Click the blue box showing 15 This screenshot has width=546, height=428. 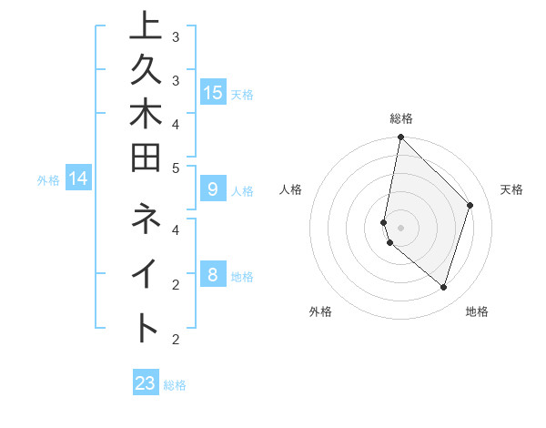213,93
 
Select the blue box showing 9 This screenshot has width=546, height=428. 213,190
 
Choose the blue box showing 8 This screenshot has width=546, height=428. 213,275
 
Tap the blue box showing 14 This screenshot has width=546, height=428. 79,179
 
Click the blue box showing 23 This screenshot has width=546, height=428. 146,383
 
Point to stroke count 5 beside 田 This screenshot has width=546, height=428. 176,168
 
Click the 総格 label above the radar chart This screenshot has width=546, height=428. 400,118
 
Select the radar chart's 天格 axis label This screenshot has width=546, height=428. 511,189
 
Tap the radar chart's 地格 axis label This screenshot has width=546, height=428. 477,311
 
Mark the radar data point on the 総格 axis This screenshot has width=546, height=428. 400,138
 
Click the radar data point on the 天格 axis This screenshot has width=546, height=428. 470,205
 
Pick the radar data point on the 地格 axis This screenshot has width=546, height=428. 443,287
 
